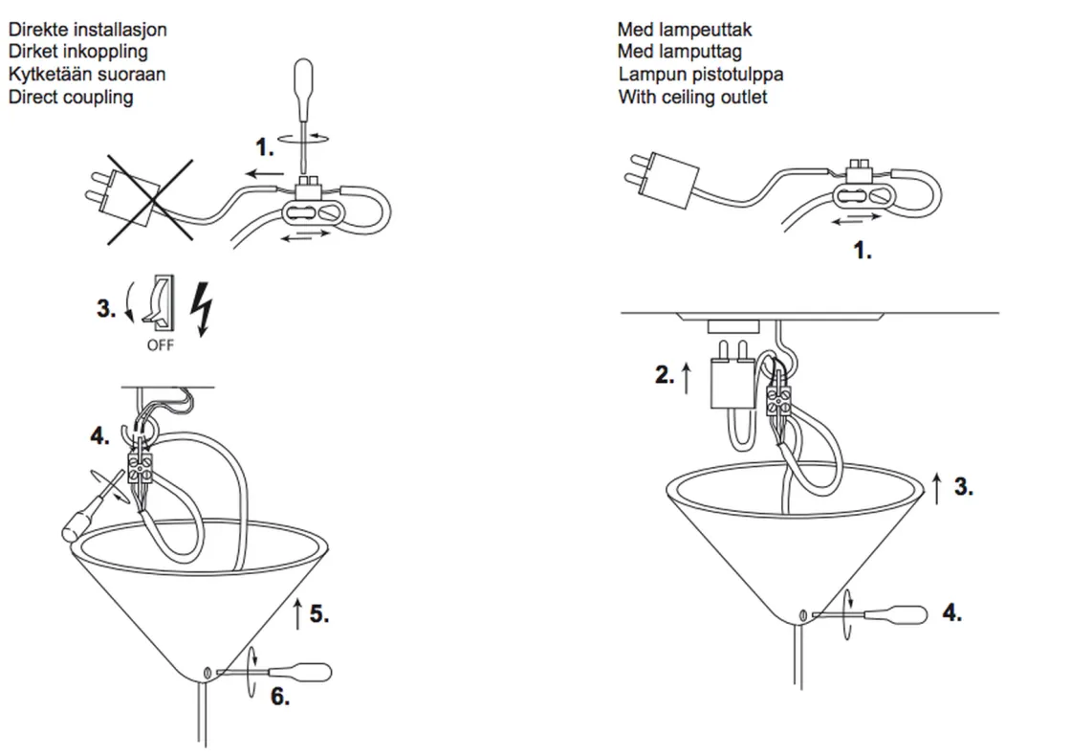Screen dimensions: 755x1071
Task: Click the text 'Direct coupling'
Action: pos(71,97)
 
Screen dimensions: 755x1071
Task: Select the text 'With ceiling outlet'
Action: pos(692,97)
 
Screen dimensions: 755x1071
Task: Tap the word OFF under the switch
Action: pos(160,344)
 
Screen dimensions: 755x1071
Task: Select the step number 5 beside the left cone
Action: pos(319,613)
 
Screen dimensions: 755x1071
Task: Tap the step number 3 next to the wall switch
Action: pos(106,308)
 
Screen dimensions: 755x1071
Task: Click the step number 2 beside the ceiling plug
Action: pos(665,375)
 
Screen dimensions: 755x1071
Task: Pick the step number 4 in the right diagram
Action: pos(951,612)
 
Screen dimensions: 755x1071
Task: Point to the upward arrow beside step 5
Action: pos(297,613)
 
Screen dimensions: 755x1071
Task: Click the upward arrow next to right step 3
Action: pos(937,486)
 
